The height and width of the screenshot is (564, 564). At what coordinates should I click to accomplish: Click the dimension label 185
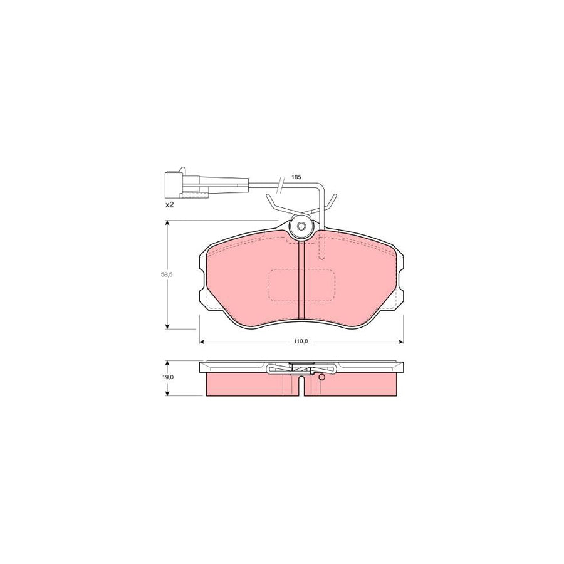coord(296,177)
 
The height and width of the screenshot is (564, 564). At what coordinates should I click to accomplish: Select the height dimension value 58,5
coord(167,274)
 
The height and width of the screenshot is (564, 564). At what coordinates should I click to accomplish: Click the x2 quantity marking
coord(169,206)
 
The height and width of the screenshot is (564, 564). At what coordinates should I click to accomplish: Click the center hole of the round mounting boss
coord(302,226)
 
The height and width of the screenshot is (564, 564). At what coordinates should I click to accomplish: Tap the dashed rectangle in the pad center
coord(302,285)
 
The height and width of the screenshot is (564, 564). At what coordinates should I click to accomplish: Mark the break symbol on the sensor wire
coord(281,184)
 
